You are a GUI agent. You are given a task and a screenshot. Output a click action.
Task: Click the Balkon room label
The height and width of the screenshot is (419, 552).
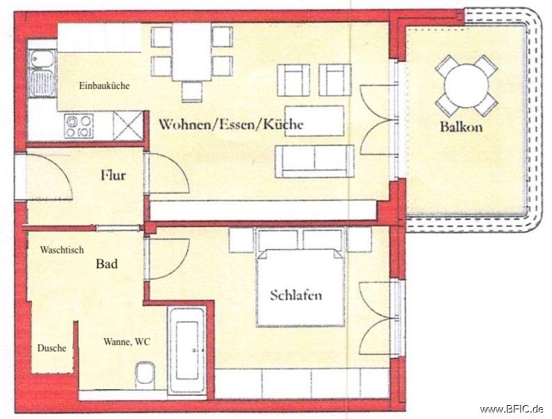pyautogui.click(x=460, y=127)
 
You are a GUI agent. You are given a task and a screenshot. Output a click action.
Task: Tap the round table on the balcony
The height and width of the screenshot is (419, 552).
pyautogui.click(x=466, y=85)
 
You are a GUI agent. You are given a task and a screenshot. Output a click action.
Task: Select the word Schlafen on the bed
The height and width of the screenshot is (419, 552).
pyautogui.click(x=296, y=295)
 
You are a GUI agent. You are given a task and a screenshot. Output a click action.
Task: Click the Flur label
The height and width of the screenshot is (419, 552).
pyautogui.click(x=113, y=175)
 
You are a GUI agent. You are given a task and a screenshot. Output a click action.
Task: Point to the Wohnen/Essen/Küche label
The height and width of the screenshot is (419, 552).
pyautogui.click(x=231, y=125)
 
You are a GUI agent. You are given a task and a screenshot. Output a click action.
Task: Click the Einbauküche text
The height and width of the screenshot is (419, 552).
pyautogui.click(x=104, y=86)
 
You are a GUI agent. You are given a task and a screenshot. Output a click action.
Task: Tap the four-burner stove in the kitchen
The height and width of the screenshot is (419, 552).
pyautogui.click(x=79, y=126)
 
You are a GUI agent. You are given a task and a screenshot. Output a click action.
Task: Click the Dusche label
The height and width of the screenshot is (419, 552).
pyautogui.click(x=52, y=348)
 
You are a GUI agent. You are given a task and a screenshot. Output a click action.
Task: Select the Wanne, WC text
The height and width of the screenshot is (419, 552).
pyautogui.click(x=127, y=342)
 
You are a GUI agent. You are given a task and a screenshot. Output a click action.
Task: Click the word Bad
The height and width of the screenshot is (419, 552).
pyautogui.click(x=106, y=264)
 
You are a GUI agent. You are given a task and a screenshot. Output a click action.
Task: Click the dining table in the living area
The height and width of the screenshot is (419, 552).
pyautogui.click(x=192, y=52)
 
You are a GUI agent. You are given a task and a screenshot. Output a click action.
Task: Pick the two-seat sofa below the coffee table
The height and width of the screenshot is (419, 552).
pyautogui.click(x=315, y=160)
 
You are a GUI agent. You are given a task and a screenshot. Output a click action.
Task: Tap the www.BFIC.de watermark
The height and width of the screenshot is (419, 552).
pyautogui.click(x=512, y=409)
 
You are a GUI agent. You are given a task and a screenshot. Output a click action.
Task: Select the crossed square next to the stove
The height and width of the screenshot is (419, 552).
pyautogui.click(x=127, y=127)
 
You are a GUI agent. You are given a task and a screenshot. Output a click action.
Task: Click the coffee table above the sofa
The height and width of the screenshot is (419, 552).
pyautogui.click(x=314, y=121)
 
